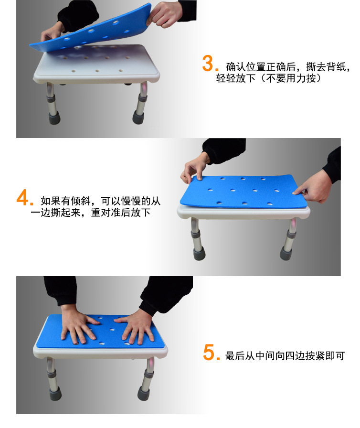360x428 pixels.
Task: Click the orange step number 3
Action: (x=208, y=64)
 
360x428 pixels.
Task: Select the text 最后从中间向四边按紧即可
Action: (x=285, y=356)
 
